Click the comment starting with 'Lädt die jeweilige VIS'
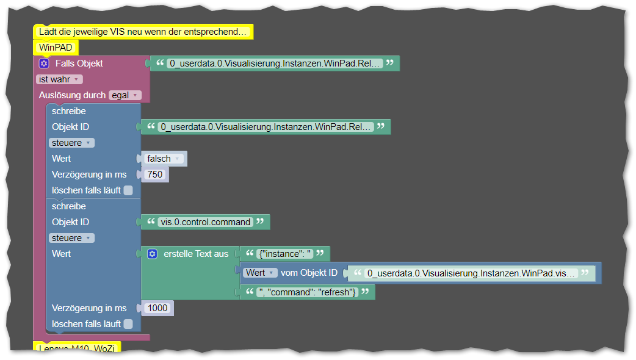tap(143, 32)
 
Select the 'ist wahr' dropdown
tap(59, 79)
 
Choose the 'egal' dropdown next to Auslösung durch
tap(125, 95)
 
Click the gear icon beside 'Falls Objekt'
tap(44, 63)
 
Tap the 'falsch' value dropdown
tap(164, 159)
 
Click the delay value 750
tap(155, 175)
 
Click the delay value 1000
tap(157, 308)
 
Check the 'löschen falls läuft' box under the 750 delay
tap(128, 190)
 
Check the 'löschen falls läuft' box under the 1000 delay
tap(128, 324)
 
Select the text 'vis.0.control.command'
tap(206, 222)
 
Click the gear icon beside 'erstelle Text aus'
tap(153, 254)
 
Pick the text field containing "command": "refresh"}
tap(307, 292)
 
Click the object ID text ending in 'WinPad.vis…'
tap(471, 273)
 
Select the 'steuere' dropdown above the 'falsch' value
tap(71, 143)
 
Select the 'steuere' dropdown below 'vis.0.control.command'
tap(71, 238)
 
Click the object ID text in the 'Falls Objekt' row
tap(275, 63)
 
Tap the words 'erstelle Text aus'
tap(196, 254)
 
